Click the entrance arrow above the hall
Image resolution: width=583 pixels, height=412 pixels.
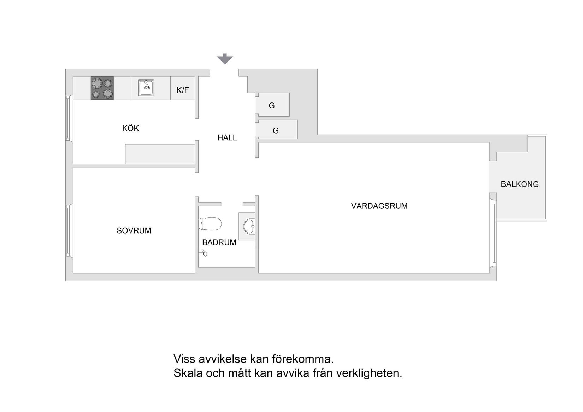coord(225,59)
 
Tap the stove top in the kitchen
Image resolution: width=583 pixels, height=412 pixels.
coord(102,88)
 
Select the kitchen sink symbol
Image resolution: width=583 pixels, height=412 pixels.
coord(146,88)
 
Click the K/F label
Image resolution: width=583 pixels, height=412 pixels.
coord(182,90)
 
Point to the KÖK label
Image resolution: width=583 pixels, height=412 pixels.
coord(131,128)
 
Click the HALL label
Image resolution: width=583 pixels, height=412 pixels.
coord(227,138)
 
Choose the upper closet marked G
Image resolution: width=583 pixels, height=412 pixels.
coord(272,105)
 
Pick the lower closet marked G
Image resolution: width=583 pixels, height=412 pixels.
coord(276,129)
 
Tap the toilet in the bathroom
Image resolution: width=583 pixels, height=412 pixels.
coord(210,224)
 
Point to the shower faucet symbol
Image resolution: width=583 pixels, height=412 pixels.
coord(203,253)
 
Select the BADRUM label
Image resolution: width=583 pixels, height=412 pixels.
coord(219,242)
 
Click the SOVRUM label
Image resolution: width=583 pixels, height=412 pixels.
coord(134,231)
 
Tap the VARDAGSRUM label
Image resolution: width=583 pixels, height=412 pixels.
coord(379,206)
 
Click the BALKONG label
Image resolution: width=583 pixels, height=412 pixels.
coord(520,184)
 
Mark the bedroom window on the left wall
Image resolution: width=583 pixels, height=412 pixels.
coord(68,231)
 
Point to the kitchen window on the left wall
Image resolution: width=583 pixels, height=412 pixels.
coord(68,118)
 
